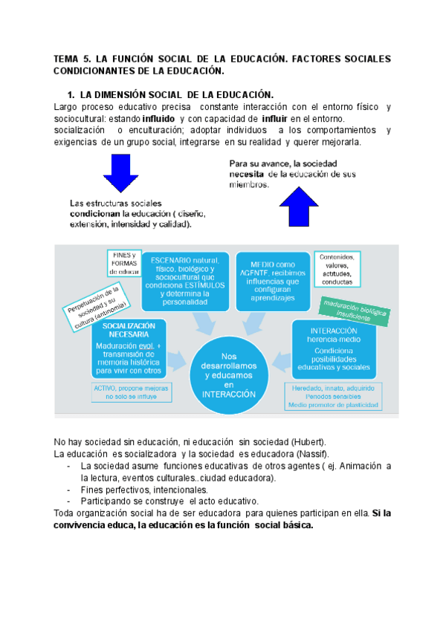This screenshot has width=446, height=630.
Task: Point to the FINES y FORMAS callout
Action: point(123,263)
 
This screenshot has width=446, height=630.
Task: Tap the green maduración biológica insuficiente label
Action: point(353,307)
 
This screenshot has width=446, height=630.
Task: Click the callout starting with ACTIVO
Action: point(130,392)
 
